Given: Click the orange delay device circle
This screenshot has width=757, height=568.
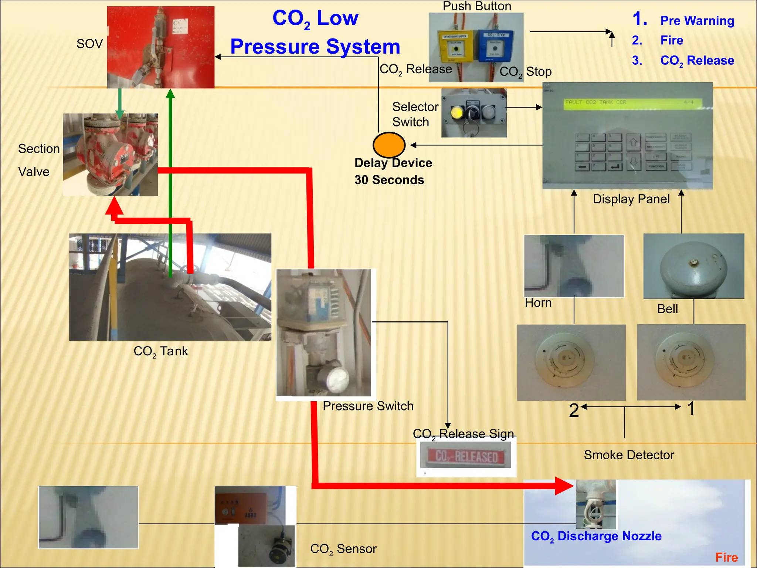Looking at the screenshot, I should (389, 145).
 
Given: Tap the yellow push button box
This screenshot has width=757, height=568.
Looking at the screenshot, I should (456, 46).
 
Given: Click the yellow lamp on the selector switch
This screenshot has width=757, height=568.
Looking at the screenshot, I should (457, 112).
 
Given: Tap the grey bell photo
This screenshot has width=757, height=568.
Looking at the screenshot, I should (693, 266).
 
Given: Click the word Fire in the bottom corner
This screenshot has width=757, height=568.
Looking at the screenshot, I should (726, 557).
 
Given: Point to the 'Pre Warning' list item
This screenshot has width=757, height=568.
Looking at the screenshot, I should (697, 21).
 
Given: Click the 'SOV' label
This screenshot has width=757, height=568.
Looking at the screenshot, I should (89, 44).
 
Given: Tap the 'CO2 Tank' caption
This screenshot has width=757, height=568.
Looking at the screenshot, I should (160, 351).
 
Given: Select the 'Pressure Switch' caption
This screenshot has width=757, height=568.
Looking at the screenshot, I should (368, 406).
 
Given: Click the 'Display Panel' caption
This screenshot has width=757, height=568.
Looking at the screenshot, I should (631, 199).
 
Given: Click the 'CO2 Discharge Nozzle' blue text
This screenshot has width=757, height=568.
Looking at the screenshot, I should (596, 536).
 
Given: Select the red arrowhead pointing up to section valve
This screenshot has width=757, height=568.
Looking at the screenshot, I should (114, 206).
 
